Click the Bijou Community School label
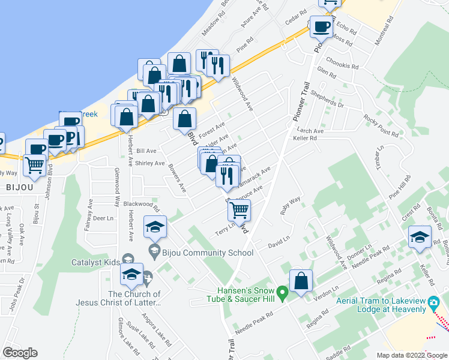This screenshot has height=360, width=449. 199,253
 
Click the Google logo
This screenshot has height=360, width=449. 20,353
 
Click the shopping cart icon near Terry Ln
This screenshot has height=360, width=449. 240,210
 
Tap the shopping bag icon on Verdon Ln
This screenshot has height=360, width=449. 301,280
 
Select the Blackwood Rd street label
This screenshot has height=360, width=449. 140,205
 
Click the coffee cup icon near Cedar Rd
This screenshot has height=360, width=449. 321,27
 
